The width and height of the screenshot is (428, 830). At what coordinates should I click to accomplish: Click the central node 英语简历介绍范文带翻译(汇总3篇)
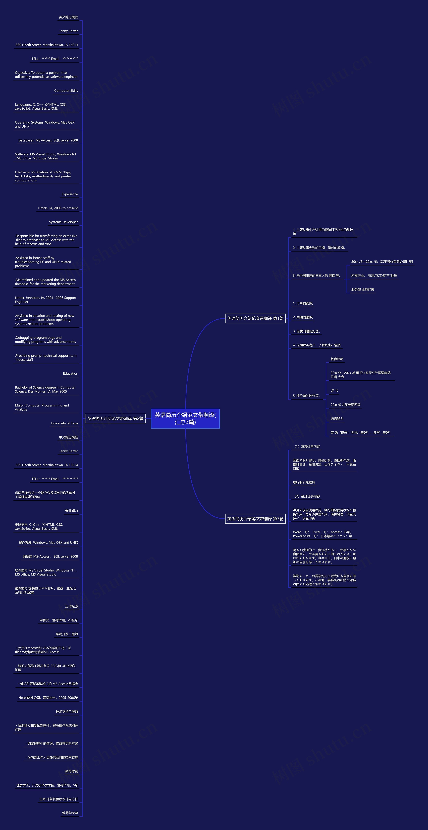coord(185,418)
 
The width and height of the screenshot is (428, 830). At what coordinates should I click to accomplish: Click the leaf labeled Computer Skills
coord(66,90)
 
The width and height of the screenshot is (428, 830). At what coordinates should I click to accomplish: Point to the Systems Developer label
coord(64,222)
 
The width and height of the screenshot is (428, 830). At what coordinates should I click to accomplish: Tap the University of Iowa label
coord(65,423)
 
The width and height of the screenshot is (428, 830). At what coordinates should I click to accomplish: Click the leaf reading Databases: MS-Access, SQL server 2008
coord(48,140)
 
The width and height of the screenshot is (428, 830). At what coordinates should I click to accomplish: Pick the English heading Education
coord(71,374)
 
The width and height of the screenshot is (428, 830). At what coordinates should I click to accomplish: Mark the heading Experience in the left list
coord(70,194)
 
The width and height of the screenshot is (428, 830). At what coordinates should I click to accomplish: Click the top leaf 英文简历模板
coord(68,17)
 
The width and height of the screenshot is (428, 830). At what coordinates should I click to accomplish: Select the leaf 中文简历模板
coord(68,437)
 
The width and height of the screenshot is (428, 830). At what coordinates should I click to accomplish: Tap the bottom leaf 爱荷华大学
coord(70,813)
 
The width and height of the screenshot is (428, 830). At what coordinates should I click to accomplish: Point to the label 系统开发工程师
coord(67,634)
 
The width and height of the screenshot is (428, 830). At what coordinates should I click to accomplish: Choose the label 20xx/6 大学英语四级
coord(345,405)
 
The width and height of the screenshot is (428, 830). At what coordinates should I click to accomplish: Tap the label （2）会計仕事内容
coord(306,496)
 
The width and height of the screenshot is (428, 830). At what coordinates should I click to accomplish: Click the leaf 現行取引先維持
coord(304,482)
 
